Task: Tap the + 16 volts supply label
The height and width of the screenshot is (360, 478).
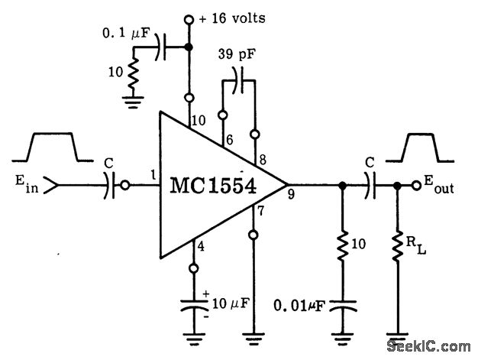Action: coord(233,18)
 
